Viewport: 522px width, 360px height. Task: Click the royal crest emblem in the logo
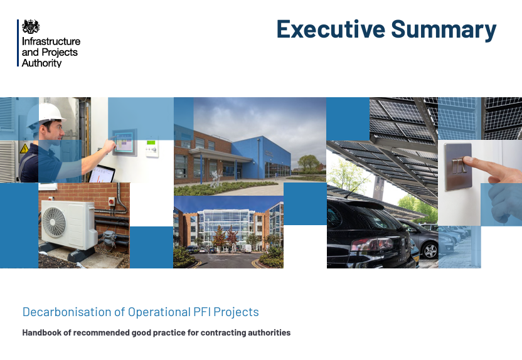tap(31, 26)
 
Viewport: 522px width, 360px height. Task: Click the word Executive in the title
tap(331, 29)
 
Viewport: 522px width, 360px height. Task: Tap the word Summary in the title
tap(444, 31)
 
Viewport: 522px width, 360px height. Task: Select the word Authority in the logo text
tap(41, 63)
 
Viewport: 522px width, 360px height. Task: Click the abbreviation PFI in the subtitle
tap(201, 312)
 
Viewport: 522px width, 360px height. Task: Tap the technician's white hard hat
tap(45, 114)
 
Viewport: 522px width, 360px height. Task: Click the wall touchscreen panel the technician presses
tap(124, 142)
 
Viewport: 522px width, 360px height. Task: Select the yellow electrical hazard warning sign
tap(24, 149)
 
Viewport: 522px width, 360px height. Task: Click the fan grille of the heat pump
tap(53, 222)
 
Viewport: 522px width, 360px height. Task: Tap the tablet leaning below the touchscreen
tap(102, 174)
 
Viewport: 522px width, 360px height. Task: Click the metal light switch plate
tap(458, 166)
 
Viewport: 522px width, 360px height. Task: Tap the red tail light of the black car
tap(372, 244)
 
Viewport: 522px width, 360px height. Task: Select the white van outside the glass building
tap(246, 248)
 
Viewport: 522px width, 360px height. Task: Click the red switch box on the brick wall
tap(112, 201)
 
